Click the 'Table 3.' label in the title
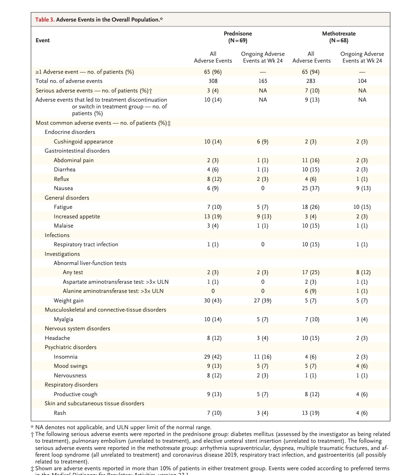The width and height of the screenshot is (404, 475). click(45, 20)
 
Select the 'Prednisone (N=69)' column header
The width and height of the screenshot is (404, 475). click(238, 37)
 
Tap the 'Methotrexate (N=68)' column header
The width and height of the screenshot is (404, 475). click(339, 37)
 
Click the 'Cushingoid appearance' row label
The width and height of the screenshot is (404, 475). click(83, 141)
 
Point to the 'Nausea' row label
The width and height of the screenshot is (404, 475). click(63, 188)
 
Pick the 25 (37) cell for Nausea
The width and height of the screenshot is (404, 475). click(311, 188)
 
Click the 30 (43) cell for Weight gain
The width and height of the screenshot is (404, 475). click(213, 300)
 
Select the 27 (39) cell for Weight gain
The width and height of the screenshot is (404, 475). click(263, 300)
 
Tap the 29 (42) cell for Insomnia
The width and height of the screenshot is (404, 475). click(213, 357)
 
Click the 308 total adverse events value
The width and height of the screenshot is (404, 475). click(213, 81)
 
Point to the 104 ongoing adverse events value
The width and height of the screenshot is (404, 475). click(362, 81)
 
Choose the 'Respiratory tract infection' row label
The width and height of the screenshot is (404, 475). click(86, 244)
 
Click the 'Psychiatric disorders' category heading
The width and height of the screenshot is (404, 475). click(71, 347)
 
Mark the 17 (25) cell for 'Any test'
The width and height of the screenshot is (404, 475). click(311, 273)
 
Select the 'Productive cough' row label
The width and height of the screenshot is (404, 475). click(76, 394)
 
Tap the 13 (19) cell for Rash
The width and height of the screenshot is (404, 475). click(311, 413)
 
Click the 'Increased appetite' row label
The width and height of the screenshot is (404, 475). click(77, 216)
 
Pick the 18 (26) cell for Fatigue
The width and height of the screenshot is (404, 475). click(311, 207)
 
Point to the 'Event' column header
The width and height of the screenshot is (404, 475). click(43, 40)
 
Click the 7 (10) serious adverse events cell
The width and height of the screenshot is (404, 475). click(311, 90)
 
